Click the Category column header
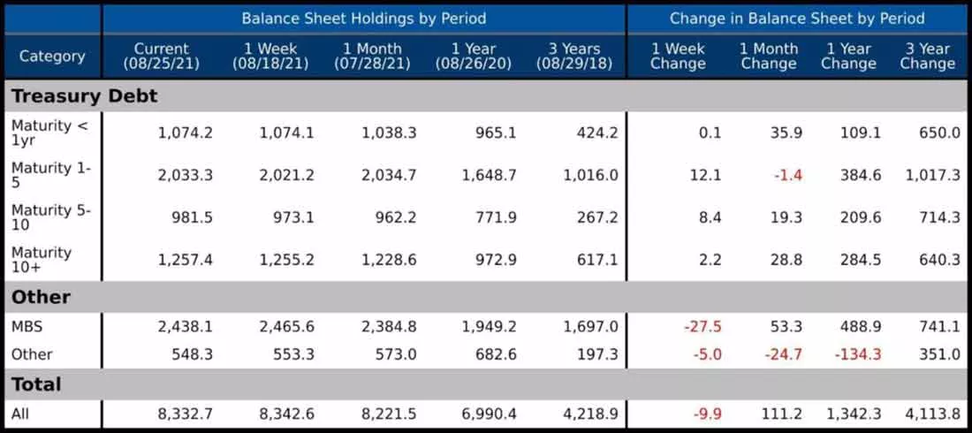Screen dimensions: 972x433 pos(52,57)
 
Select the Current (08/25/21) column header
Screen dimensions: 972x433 pos(161,57)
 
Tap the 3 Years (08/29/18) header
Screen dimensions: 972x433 pos(574,57)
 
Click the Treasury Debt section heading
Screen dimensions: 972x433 pos(84,96)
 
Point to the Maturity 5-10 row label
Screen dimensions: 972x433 pos(51,217)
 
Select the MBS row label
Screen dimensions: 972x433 pos(27,327)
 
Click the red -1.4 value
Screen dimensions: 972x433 pos(788,176)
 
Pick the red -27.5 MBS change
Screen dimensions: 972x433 pos(702,327)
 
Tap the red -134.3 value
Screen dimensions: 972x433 pos(857,355)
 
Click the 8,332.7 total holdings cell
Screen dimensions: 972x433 pos(186,414)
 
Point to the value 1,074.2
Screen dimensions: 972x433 pos(186,133)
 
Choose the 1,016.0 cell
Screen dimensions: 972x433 pos(591,176)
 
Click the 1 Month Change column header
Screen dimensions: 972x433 pos(769,57)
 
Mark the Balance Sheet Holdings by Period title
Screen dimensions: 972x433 pos(364,18)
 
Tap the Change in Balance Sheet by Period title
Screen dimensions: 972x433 pos(797,18)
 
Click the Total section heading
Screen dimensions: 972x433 pos(36,384)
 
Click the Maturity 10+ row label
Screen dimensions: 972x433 pos(42,259)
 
